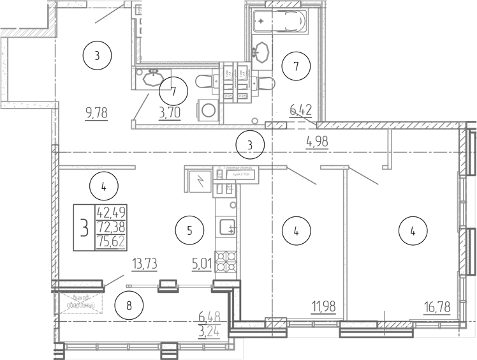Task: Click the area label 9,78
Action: click(x=96, y=114)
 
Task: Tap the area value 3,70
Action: click(x=170, y=114)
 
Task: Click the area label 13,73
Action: click(x=144, y=263)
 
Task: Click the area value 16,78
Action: click(x=437, y=307)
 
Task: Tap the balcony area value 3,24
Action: click(x=210, y=331)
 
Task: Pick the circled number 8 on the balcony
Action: click(x=129, y=305)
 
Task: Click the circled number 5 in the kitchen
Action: click(x=189, y=229)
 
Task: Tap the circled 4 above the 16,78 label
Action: click(x=413, y=231)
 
